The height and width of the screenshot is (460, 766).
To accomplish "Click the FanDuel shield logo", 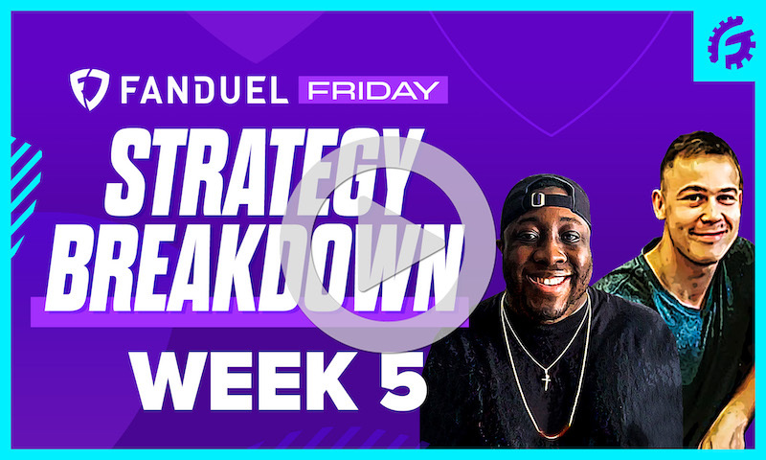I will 88,89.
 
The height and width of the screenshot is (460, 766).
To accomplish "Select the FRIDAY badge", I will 372,90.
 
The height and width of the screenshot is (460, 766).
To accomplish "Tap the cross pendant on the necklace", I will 546,380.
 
